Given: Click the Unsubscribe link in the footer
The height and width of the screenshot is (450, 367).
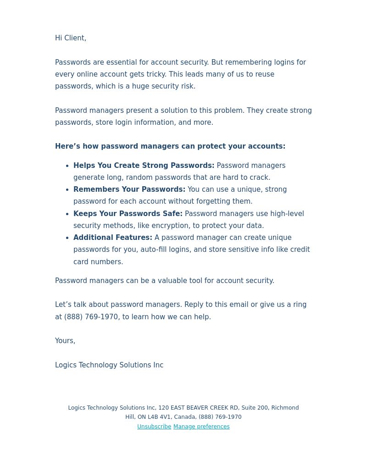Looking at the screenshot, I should coord(154,427).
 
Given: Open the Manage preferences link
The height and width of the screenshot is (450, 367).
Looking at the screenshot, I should coord(201,427).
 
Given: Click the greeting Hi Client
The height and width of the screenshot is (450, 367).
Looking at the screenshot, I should coord(70,38).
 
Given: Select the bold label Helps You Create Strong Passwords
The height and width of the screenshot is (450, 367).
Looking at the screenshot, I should coord(144,166).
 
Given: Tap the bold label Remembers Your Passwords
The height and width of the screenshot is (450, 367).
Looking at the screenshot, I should coord(129,189).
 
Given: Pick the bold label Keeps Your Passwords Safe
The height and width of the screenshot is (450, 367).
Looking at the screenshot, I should coord(128,214).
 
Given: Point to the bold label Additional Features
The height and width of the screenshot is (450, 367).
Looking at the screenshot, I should coord(113,238).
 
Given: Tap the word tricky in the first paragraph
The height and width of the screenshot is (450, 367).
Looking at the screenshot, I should coord(156,74).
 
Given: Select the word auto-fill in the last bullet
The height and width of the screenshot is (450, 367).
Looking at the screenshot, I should coord(155,250).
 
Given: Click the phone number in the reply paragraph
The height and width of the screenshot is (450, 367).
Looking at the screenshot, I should coord(91,317).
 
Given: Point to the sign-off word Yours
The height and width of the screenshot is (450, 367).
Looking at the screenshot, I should coord(64,341).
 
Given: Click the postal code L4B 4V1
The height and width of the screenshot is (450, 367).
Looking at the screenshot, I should coord(159,417).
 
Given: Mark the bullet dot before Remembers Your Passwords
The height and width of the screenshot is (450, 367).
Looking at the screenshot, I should coord(68,190).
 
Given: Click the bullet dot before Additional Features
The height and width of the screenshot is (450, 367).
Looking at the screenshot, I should coord(68,238).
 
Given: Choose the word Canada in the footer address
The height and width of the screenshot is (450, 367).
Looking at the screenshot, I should coord(184,417).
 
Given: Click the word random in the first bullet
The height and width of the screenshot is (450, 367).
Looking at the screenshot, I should coord(139,178).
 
